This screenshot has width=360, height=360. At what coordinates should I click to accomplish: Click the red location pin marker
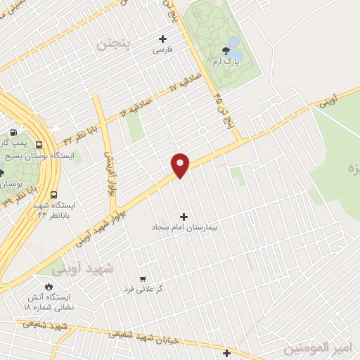(x=181, y=165)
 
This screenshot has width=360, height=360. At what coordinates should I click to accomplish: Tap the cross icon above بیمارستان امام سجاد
(x=184, y=217)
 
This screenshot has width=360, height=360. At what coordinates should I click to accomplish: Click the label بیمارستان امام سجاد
(x=184, y=229)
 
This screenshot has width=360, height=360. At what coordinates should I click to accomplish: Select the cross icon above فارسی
(x=163, y=39)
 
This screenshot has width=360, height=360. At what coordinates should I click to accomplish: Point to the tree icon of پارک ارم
(x=226, y=51)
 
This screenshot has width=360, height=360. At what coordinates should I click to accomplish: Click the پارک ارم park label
(x=227, y=62)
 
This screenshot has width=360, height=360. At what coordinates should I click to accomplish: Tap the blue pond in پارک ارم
(x=236, y=53)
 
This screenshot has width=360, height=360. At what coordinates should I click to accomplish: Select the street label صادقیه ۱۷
(x=184, y=83)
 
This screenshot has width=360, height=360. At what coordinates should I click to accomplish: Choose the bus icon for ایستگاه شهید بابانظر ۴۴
(x=54, y=195)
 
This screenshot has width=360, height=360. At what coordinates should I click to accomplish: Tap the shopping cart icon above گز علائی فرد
(x=143, y=278)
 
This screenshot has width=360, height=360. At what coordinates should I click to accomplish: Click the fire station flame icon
(x=49, y=287)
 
